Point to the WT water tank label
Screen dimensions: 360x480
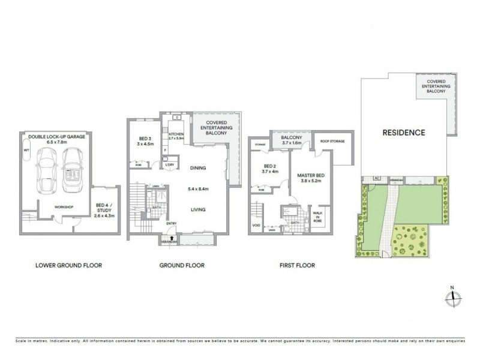(x=26, y=151)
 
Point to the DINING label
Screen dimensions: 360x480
(x=197, y=169)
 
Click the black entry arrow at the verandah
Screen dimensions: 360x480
(x=173, y=238)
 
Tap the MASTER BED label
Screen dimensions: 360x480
(x=311, y=176)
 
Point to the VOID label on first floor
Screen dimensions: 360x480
(x=257, y=226)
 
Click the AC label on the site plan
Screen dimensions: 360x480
(x=377, y=178)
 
